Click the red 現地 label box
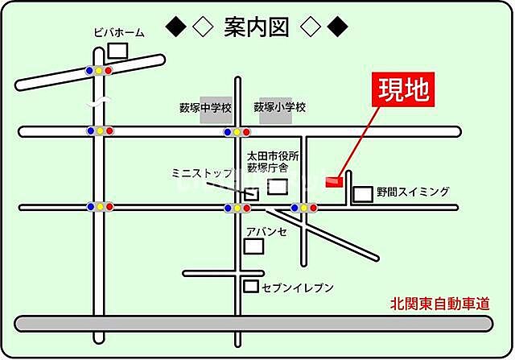coord(405,90)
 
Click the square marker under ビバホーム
coord(117,50)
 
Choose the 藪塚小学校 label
coord(279,106)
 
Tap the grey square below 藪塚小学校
coord(275,114)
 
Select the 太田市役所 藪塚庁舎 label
coord(272,162)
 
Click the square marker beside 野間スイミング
coord(364,193)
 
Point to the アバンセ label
coord(267,231)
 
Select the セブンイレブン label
coord(297,287)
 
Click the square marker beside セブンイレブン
coord(252,286)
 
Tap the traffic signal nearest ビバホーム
coord(98,71)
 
